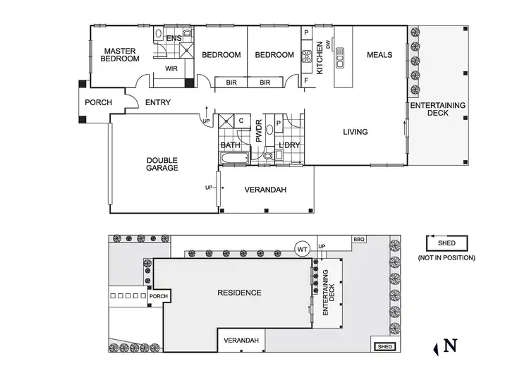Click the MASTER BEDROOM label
pos(120,55)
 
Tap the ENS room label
pos(174,38)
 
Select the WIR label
pos(171,68)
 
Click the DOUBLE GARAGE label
pos(162,164)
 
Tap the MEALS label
pos(379,54)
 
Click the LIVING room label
pos(355,132)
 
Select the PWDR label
pos(259,131)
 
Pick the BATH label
pos(231,145)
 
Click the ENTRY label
pos(157,102)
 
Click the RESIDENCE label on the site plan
pos(238,293)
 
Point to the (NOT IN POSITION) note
pos(446,257)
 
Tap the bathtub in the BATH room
pos(232,158)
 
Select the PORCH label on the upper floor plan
pos(98,102)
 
